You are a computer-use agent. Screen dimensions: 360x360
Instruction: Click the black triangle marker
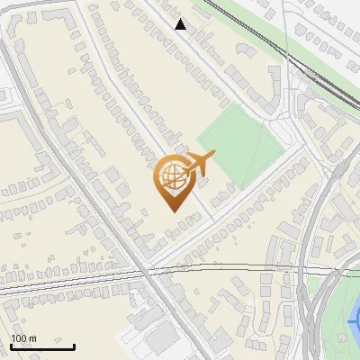pyautogui.click(x=181, y=24)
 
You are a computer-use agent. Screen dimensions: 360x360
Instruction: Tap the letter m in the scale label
pyautogui.click(x=33, y=338)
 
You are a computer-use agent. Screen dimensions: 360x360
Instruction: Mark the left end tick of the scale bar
pyautogui.click(x=11, y=345)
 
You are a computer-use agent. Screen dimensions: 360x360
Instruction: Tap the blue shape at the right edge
pyautogui.click(x=355, y=319)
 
